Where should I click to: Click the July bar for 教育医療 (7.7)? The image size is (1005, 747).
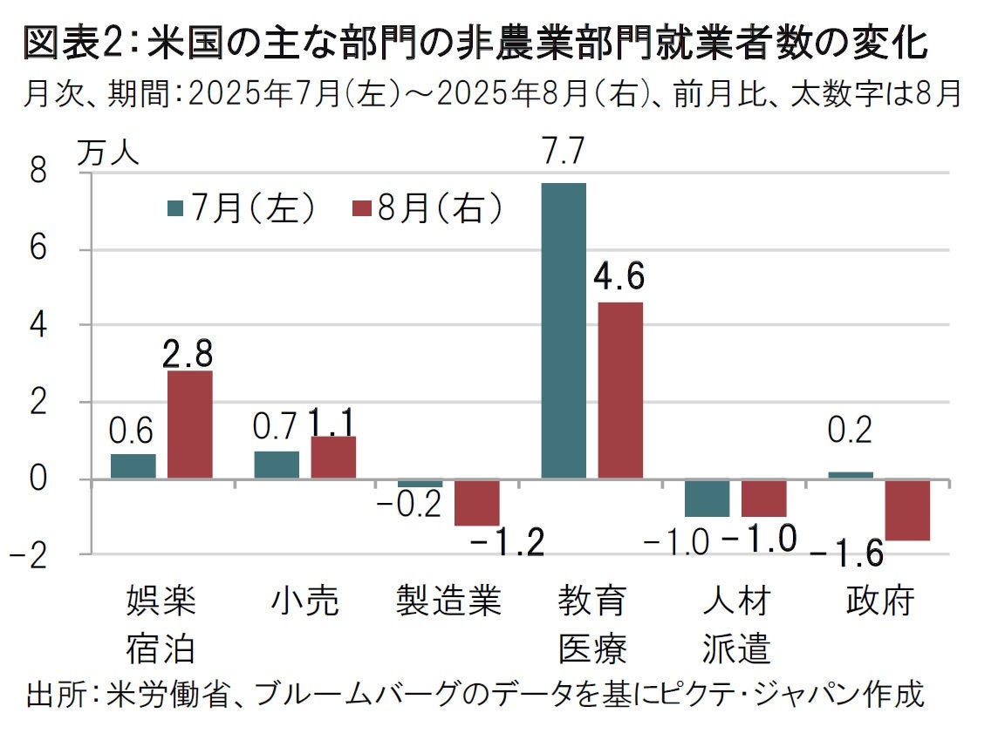click(564, 330)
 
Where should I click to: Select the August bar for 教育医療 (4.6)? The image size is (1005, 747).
click(620, 390)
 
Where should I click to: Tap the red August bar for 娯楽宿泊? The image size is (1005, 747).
click(190, 424)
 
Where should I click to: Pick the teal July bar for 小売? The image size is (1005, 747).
click(277, 465)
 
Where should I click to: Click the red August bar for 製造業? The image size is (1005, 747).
click(477, 502)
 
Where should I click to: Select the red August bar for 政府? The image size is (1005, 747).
click(907, 510)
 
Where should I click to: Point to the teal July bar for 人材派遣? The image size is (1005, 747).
click(707, 498)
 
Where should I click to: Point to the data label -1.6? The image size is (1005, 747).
click(846, 554)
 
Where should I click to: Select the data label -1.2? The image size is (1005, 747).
click(508, 546)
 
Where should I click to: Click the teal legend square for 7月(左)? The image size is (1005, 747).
click(174, 208)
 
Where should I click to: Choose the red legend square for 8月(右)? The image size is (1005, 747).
click(360, 208)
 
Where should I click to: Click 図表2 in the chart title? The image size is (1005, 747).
click(72, 44)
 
